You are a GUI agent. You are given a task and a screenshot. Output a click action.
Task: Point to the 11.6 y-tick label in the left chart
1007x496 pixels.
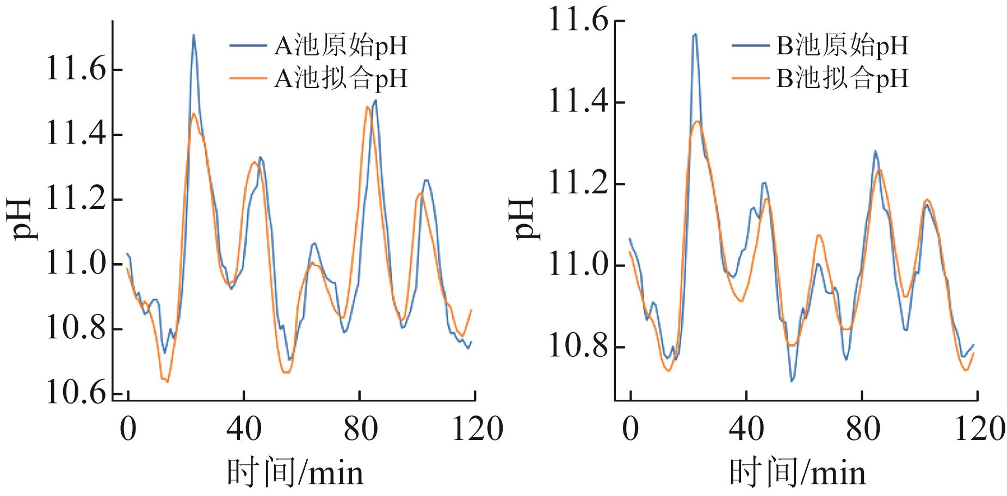[x=76, y=70]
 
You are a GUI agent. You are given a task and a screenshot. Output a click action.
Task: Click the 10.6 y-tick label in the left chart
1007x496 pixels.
[x=76, y=394]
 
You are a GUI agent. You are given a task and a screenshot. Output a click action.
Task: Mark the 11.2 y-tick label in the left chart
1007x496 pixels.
[x=76, y=200]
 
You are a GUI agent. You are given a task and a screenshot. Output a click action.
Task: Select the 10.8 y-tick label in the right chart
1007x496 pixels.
[x=578, y=347]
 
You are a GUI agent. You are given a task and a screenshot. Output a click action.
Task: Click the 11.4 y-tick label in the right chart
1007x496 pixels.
[x=578, y=102]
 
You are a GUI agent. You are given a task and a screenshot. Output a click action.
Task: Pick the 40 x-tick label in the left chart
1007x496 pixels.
[x=244, y=430]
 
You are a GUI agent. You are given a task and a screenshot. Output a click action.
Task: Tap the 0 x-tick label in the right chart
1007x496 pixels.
[x=631, y=430]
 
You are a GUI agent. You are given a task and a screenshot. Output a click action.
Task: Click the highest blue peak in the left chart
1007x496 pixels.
[x=193, y=35]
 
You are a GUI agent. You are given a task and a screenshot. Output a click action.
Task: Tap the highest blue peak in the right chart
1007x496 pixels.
[x=695, y=34]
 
